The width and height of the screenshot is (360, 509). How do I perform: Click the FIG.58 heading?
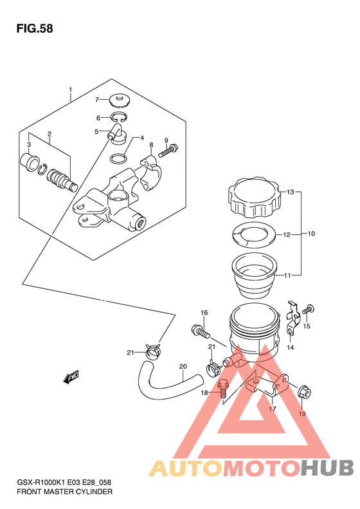point(35,28)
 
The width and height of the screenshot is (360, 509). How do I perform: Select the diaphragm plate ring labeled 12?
point(254,234)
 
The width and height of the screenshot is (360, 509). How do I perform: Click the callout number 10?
point(311,234)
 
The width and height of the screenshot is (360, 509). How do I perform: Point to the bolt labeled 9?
point(168,151)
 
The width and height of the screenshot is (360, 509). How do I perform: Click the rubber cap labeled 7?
point(119,100)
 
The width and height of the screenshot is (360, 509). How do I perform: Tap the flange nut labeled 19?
point(304,393)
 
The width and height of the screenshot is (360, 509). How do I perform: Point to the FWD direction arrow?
point(71,377)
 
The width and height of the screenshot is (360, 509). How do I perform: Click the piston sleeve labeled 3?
point(30,162)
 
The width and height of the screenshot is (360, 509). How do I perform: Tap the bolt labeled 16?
point(201,331)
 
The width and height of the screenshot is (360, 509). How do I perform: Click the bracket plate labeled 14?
point(292,317)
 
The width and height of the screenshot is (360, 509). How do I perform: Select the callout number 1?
point(70,89)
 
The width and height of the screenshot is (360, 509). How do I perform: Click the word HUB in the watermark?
point(327,467)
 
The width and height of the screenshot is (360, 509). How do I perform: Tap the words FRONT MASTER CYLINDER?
point(64,492)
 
